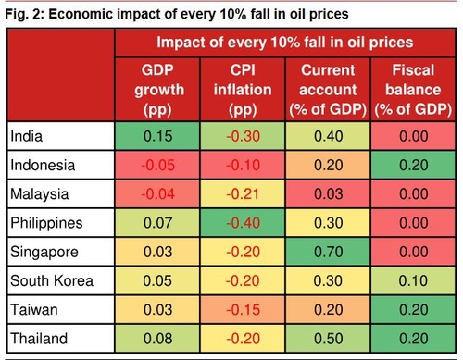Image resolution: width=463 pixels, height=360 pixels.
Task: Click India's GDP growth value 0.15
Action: (x=157, y=136)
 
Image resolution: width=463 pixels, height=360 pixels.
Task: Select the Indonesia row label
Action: (x=43, y=165)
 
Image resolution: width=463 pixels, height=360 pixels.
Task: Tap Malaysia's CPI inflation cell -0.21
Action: (x=243, y=194)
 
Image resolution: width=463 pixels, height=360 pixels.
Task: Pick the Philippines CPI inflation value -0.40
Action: (x=243, y=223)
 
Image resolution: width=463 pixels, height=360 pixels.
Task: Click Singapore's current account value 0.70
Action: (x=329, y=252)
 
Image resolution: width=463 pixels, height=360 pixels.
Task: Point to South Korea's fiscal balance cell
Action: (x=413, y=280)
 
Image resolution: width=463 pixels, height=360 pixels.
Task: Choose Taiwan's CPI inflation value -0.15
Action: (x=243, y=309)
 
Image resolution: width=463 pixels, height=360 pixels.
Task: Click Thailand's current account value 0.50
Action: (x=329, y=339)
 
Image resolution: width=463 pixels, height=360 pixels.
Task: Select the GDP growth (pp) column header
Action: (x=158, y=90)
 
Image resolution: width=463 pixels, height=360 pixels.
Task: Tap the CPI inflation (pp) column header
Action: (x=243, y=90)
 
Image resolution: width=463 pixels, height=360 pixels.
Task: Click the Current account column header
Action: (x=328, y=90)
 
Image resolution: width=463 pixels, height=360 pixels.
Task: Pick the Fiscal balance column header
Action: (x=413, y=90)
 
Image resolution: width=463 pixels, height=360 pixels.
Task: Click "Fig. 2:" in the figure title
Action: (x=25, y=15)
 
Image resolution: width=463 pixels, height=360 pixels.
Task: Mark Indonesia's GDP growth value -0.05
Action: (x=157, y=165)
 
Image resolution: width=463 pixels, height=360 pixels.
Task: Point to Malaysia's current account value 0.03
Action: (x=329, y=194)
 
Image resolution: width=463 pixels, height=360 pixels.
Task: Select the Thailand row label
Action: (x=39, y=339)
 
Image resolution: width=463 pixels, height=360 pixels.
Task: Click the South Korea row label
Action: (x=52, y=280)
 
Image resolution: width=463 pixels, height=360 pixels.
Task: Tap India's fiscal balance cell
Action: (x=413, y=136)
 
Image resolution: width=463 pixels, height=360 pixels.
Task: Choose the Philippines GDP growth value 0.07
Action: (x=157, y=223)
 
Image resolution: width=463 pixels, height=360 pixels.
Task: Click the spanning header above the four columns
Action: (x=285, y=43)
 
